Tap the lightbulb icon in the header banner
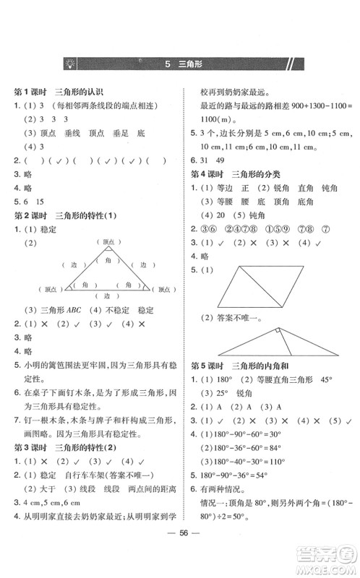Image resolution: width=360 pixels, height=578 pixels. [x=70, y=64]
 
